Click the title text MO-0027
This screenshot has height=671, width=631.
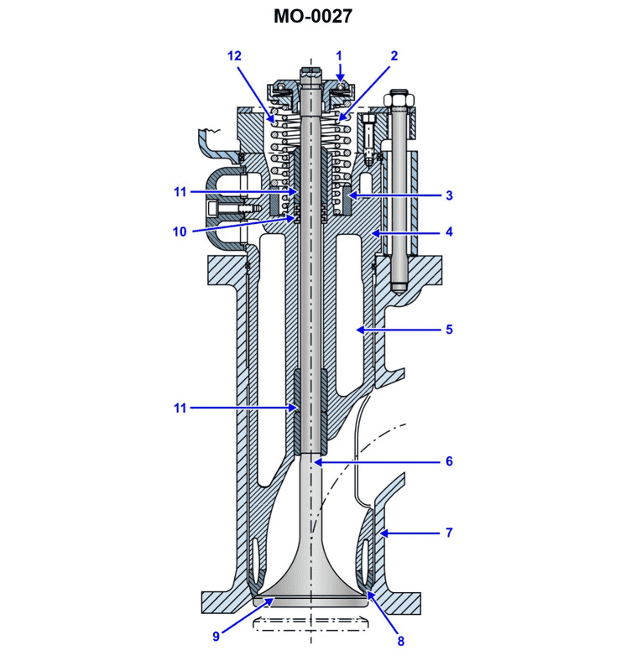(x=315, y=16)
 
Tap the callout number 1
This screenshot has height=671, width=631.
(x=339, y=55)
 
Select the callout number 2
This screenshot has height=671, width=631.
(x=394, y=55)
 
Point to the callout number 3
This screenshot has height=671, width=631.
(x=449, y=195)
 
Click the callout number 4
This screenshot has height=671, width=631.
(x=449, y=231)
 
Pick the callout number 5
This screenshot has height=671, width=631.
(x=449, y=330)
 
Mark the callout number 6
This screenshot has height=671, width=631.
(x=449, y=461)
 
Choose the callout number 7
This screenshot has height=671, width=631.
(x=449, y=533)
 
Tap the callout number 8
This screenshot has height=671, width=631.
(x=400, y=642)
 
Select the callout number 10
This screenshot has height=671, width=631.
(x=180, y=231)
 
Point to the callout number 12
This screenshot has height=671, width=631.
(x=234, y=55)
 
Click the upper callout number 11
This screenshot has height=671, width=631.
(x=180, y=192)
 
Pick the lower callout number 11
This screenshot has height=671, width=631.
(x=180, y=408)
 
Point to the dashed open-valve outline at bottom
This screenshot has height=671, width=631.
(x=313, y=622)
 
